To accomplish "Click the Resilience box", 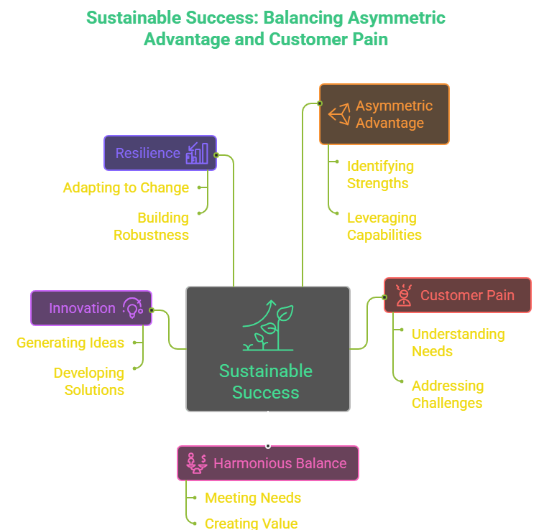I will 160,153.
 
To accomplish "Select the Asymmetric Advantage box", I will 384,114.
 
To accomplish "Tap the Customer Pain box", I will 457,295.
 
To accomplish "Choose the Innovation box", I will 91,308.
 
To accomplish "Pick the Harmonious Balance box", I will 267,463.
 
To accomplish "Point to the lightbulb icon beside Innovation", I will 133,308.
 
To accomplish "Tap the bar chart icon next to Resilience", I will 197,153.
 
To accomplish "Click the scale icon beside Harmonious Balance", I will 196,463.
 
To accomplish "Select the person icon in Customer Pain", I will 404,295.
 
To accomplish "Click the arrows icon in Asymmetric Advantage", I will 339,114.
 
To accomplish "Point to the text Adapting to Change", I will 126,187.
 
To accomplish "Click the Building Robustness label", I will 152,226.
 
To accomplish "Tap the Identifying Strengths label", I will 380,175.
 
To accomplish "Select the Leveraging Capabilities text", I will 384,226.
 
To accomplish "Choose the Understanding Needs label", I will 458,343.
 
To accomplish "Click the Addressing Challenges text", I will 447,394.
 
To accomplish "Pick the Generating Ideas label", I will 70,343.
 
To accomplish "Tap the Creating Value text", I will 251,523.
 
